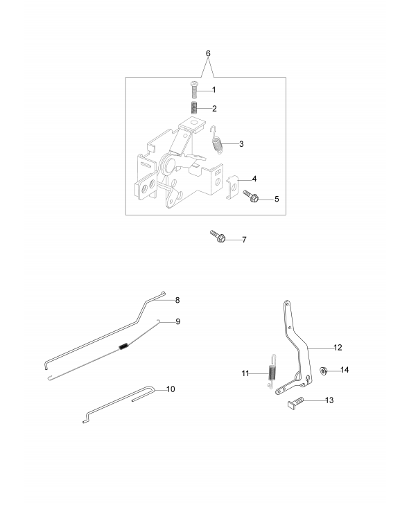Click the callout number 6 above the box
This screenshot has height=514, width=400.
click(x=208, y=53)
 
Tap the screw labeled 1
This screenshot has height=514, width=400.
click(x=193, y=89)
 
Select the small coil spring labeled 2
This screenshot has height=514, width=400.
click(x=194, y=108)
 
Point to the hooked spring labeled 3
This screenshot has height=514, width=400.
click(x=217, y=141)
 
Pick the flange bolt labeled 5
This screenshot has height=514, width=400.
click(x=251, y=196)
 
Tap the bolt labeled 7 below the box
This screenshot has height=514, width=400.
click(x=218, y=236)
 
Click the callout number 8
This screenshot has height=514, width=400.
click(x=177, y=300)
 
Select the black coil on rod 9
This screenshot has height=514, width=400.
click(x=123, y=346)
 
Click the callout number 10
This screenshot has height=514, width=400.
click(x=171, y=389)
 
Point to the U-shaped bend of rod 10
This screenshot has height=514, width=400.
click(x=152, y=390)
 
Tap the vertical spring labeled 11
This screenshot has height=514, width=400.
click(x=272, y=372)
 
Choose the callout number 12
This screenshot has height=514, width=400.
click(x=338, y=348)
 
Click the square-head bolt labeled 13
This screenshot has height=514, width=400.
click(x=295, y=402)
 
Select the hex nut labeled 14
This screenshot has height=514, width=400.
click(x=324, y=371)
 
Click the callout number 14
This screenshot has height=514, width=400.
click(x=345, y=370)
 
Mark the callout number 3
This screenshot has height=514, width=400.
click(x=241, y=144)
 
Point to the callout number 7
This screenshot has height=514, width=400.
click(x=244, y=240)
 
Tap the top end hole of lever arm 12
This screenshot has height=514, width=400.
click(x=286, y=303)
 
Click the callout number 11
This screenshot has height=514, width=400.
click(x=245, y=373)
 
